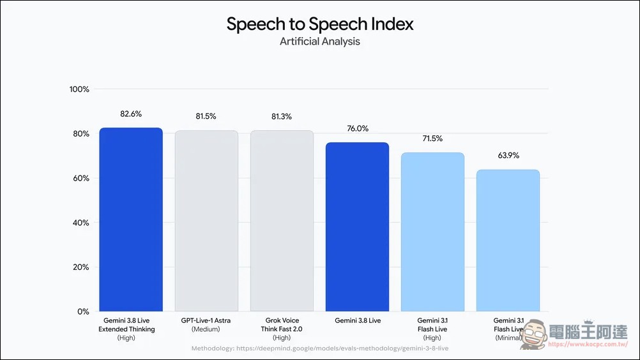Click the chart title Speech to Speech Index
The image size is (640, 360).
pos(320,24)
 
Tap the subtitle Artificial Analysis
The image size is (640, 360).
pos(320,41)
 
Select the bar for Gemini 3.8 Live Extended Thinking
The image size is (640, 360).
pos(131,220)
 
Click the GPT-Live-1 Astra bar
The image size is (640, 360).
pos(206,221)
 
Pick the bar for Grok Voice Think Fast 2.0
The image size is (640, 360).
pos(282,221)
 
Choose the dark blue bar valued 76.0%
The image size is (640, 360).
pos(357,227)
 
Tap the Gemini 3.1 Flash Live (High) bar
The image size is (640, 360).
pos(432,232)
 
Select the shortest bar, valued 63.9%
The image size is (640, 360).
pos(508,241)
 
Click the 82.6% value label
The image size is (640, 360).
pos(131,114)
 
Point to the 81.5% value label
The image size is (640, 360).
pos(206,117)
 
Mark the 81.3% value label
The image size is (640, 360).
pos(282,117)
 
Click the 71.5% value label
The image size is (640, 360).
pos(432,139)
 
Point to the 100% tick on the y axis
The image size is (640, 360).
pos(79,89)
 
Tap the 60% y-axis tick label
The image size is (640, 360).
pos(81,178)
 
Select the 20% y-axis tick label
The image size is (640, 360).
pos(81,267)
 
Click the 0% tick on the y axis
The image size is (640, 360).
pos(83,311)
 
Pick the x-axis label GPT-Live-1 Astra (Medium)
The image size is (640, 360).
pos(206,325)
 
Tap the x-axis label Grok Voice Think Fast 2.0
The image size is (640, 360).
pos(282,329)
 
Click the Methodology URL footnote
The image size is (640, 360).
pos(320,349)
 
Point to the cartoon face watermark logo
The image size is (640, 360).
pos(534,334)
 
